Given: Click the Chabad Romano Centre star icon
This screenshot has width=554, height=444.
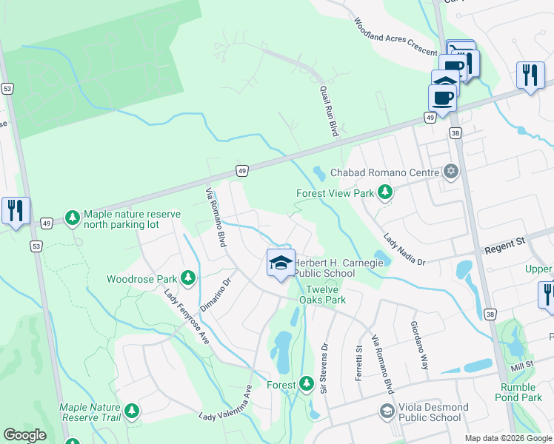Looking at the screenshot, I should point(450,172).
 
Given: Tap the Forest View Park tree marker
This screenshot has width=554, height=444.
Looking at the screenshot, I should point(384,193).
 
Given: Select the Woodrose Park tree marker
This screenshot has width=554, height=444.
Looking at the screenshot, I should point(188,278).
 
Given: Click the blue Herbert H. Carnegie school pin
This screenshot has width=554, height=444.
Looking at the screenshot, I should point(281,263).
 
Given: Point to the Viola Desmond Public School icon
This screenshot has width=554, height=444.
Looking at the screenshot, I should point(386,411).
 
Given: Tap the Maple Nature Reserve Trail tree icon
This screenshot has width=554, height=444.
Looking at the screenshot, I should point(132,411).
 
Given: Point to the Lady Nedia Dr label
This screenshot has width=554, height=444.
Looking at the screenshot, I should point(404,250).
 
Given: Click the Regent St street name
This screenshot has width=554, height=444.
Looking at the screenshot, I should point(504,242).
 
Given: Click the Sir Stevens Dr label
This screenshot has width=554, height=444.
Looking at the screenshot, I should point(323,367).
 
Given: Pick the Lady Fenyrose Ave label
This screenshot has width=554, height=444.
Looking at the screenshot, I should point(187,317).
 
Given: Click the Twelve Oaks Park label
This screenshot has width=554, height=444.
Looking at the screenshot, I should point(322,295).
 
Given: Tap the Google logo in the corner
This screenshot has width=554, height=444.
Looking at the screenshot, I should point(24,435).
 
